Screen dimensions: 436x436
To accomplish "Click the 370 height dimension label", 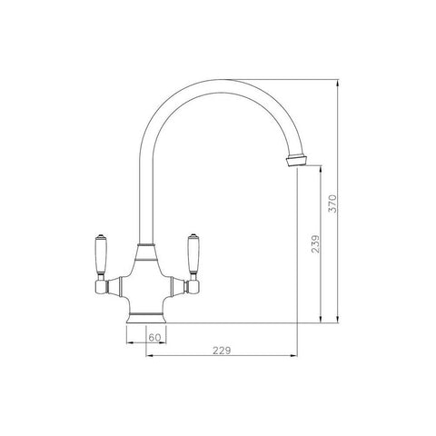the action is [x=332, y=203].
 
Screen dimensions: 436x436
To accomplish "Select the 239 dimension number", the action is [x=315, y=244].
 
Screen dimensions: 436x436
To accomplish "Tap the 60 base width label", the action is [x=154, y=337].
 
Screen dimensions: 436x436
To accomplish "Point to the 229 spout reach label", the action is [x=222, y=351].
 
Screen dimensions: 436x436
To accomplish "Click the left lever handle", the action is [x=101, y=253].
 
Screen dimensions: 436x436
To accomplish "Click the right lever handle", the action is [x=192, y=253].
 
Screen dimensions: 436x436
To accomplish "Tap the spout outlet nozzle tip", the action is [x=297, y=161].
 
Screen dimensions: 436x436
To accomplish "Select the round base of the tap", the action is [x=146, y=317].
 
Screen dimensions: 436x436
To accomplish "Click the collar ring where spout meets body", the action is [x=146, y=243].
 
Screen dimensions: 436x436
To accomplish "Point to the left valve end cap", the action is [x=101, y=287].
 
